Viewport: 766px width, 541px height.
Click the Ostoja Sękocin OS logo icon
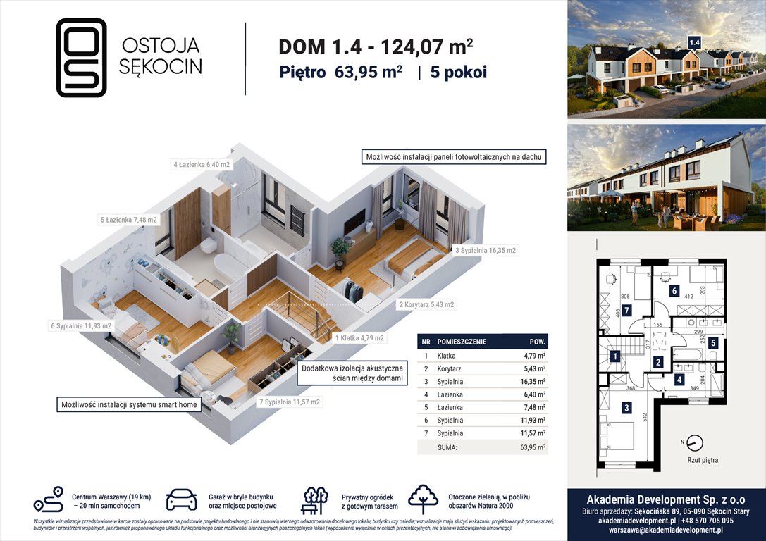[x=81, y=57]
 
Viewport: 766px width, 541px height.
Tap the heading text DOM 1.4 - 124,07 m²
[x=376, y=46]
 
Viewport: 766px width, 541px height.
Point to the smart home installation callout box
[x=129, y=404]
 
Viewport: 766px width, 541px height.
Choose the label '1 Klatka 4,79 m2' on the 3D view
[x=359, y=338]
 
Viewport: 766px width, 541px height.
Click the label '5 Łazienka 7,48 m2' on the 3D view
[x=128, y=220]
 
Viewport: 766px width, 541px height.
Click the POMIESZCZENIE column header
[x=462, y=341]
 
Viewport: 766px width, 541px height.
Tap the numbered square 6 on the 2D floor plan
[x=674, y=290]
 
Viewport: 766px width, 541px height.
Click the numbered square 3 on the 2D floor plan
[x=626, y=406]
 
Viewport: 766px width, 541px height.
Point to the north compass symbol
[x=694, y=443]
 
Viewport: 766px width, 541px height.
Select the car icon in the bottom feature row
[x=181, y=499]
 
